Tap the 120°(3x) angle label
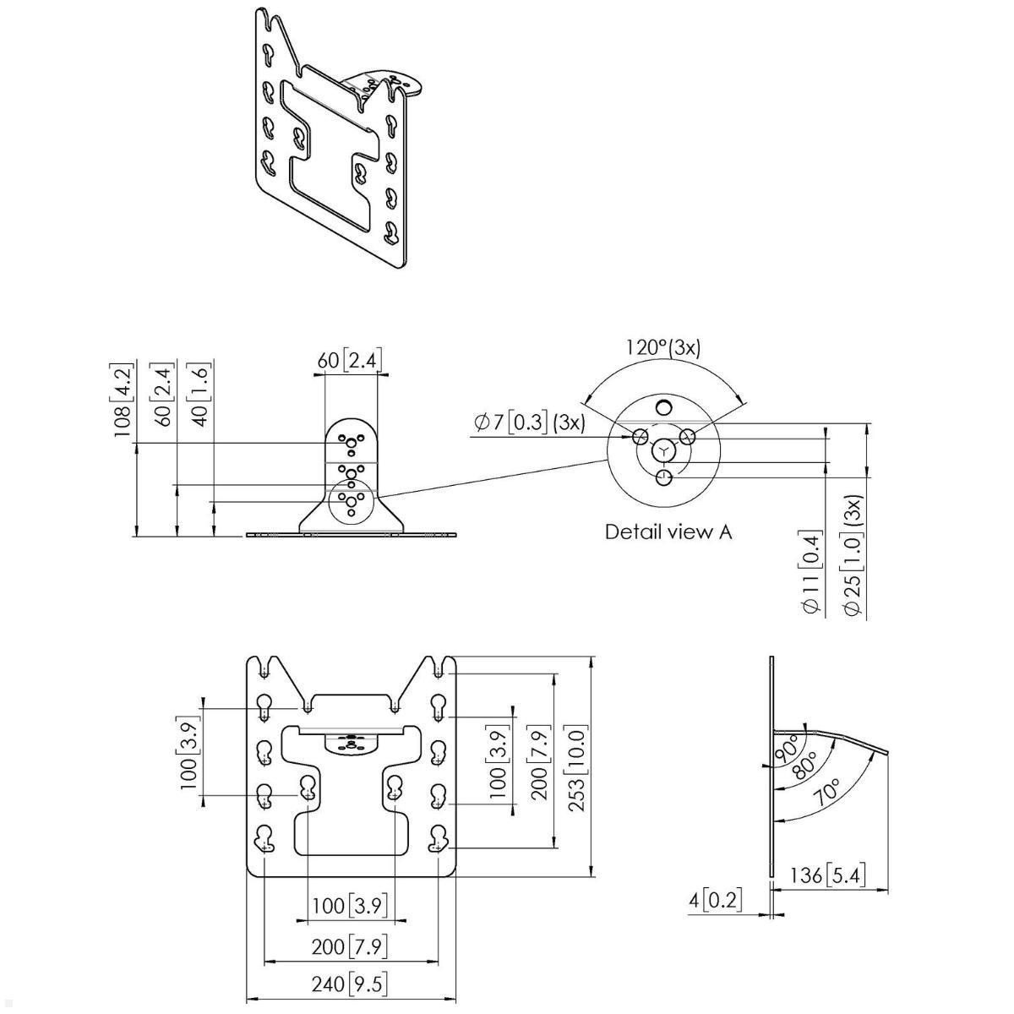(663, 347)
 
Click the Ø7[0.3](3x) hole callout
(530, 422)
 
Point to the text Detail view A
(668, 532)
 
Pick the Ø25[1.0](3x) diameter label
(853, 558)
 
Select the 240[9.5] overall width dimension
(350, 984)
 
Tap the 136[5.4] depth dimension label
(827, 875)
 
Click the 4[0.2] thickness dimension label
(716, 901)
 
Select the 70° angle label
(829, 793)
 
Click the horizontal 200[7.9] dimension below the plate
(350, 946)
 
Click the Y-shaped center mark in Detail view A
(666, 451)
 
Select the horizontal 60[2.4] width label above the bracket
(350, 361)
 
